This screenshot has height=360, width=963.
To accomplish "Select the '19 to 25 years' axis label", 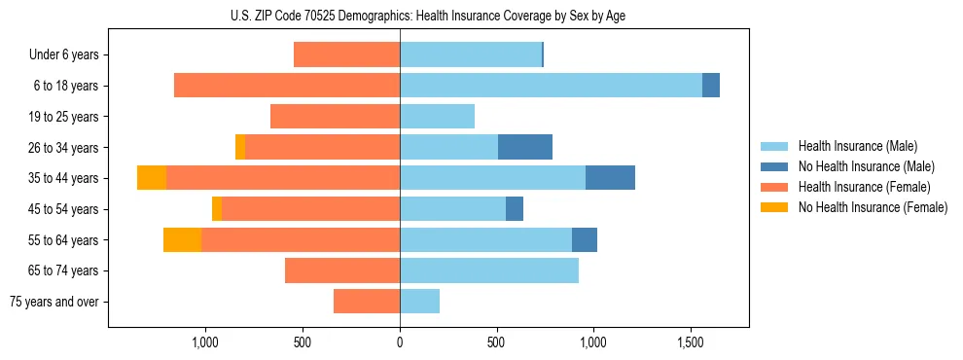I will [x=63, y=117].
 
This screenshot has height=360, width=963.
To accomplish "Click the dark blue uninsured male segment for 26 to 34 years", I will [x=525, y=147].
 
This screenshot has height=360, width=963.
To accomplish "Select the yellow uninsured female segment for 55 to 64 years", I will [x=182, y=239].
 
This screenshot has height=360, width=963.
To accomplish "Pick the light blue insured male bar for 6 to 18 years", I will [x=551, y=86].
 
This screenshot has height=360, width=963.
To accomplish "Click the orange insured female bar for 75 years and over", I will [x=367, y=302].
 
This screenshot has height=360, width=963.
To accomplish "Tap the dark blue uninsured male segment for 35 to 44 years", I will [x=610, y=178].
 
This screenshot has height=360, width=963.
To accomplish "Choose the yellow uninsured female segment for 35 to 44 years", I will [x=152, y=178].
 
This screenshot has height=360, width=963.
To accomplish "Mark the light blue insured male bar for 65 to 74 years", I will [x=489, y=270].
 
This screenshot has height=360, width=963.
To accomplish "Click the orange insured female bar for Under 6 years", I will [x=346, y=55].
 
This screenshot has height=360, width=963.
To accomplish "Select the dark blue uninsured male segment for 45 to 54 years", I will [x=515, y=209].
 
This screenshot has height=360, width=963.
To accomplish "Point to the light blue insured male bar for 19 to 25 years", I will [x=437, y=117].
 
